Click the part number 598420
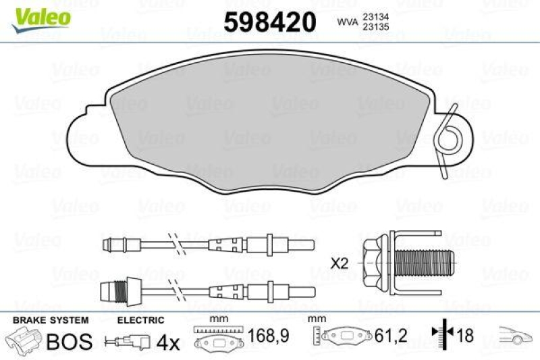pyautogui.click(x=269, y=22)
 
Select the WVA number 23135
pyautogui.click(x=376, y=28)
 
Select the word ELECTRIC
pyautogui.click(x=141, y=319)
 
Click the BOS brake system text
pyautogui.click(x=68, y=341)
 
